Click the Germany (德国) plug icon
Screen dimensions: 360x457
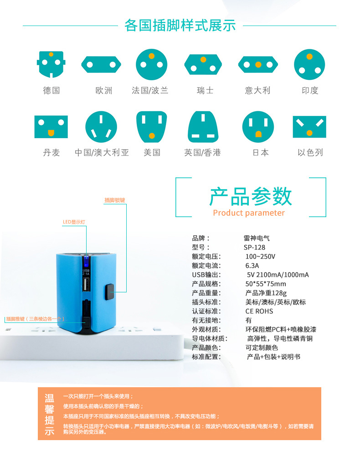coord(51,64)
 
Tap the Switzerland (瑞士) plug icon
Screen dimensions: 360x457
coord(203,64)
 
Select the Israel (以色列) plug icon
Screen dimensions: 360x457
coord(309,127)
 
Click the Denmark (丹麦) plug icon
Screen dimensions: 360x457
coord(51,127)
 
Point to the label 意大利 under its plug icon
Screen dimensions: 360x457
coord(257,90)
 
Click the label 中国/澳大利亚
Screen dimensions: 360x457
coord(102,152)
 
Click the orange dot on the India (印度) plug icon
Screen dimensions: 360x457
coord(309,57)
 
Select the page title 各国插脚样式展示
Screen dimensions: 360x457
coord(180,26)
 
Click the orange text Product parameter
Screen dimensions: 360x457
coord(249,213)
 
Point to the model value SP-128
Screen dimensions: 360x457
coord(254,248)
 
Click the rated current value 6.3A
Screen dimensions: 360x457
coord(252,265)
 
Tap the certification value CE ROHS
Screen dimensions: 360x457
coord(259,311)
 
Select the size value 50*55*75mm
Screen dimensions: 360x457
coord(265,284)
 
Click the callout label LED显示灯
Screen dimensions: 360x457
coord(74,222)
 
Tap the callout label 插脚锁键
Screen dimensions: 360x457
coord(115,200)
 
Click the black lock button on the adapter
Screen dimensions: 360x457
coord(109,292)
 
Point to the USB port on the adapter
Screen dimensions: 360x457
coord(86,285)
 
